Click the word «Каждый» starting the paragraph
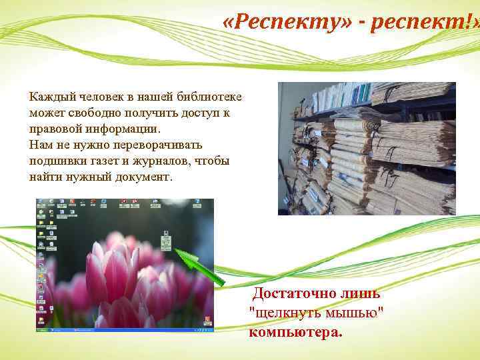point(49,98)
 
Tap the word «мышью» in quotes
point(351,313)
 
